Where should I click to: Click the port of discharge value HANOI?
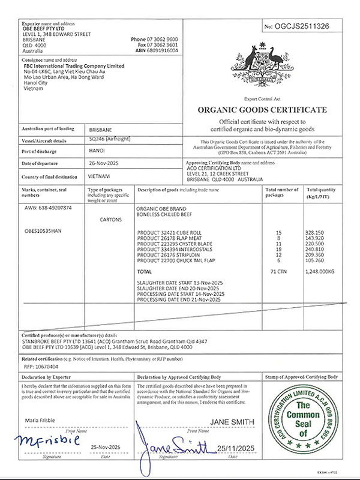click(x=97, y=151)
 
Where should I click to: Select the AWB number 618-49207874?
click(x=47, y=208)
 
